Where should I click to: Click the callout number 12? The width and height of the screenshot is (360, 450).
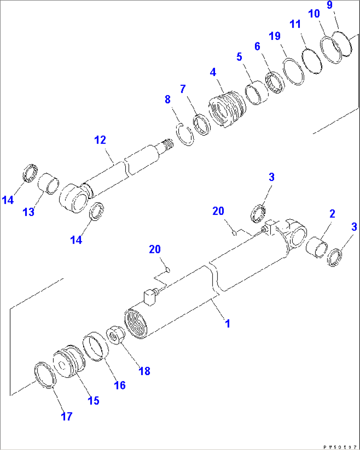(100, 140)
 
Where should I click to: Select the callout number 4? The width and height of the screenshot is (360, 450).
(213, 72)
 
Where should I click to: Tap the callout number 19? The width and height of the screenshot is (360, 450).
(275, 36)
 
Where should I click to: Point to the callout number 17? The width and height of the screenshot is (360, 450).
(66, 416)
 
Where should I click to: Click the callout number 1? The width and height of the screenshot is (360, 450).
(227, 323)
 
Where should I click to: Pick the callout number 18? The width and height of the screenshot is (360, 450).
(145, 371)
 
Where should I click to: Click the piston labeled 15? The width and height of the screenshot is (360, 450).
(68, 362)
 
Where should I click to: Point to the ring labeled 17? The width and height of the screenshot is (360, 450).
(45, 375)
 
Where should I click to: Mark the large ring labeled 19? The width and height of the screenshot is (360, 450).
(293, 72)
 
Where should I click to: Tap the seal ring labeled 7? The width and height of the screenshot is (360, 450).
(202, 124)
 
